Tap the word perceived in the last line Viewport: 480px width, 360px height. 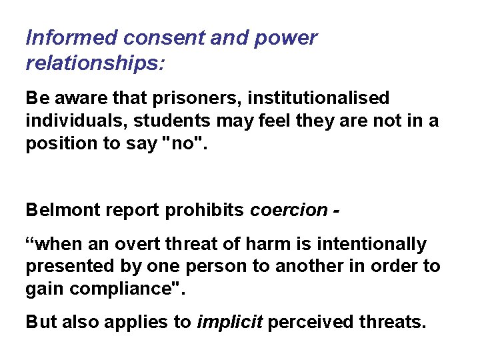tap(300, 322)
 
